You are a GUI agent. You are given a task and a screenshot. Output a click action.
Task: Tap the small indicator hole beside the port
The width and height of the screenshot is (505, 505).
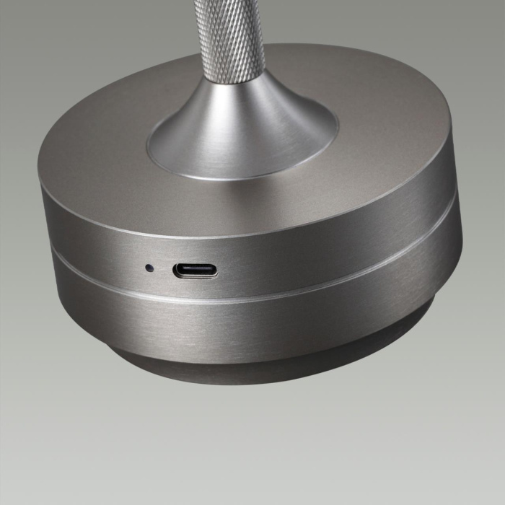pyautogui.click(x=149, y=268)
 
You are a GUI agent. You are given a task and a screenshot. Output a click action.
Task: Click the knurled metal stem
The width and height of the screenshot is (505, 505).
pyautogui.click(x=230, y=36)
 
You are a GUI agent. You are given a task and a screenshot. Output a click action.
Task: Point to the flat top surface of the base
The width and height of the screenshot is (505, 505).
pyautogui.click(x=361, y=144)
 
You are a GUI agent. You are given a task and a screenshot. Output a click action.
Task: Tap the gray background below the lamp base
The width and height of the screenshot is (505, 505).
pyautogui.click(x=252, y=447)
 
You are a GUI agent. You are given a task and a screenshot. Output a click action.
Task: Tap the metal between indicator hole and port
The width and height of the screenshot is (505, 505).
pyautogui.click(x=162, y=270)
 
